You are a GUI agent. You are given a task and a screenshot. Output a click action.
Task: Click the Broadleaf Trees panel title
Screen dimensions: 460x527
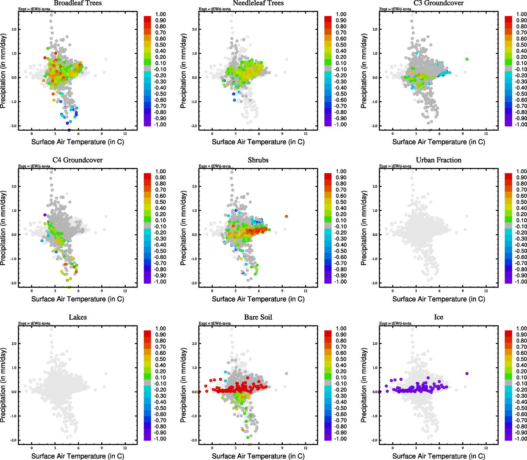pos(78,3)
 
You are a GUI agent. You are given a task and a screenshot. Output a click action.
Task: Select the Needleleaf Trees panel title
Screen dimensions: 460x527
pos(258,3)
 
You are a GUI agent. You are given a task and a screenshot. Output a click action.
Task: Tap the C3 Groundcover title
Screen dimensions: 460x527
pos(438,3)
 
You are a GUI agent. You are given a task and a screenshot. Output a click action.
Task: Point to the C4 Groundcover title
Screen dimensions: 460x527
pos(78,160)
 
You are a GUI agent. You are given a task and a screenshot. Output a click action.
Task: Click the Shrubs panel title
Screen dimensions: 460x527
pos(258,160)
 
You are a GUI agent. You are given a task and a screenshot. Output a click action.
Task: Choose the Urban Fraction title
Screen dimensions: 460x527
pos(438,160)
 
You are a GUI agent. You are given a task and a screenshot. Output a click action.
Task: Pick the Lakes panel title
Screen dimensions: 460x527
pos(78,317)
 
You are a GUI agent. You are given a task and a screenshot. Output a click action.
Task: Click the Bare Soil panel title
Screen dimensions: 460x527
pos(258,317)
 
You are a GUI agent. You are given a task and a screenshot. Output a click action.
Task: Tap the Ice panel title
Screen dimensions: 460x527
pos(438,317)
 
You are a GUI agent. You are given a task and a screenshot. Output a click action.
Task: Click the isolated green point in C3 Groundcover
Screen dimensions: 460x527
pos(467,59)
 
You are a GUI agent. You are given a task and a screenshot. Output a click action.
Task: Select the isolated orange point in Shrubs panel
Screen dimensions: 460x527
pos(286,216)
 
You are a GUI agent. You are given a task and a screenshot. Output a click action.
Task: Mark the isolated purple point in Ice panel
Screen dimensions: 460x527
pos(467,373)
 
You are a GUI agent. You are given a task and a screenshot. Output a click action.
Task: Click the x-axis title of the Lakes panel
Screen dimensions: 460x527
pos(78,456)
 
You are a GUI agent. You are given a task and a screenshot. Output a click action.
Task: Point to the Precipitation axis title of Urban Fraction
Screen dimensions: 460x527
pos(364,228)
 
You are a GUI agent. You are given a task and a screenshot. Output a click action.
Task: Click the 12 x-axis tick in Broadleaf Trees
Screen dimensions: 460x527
pos(125,134)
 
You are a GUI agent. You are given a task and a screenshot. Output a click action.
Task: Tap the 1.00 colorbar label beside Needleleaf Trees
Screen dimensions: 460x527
pos(341,14)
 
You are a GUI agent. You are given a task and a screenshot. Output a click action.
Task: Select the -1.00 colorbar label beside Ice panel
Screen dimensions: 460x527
pos(521,439)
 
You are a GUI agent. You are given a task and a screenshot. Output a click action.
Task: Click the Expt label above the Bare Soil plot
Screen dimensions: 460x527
pos(215,324)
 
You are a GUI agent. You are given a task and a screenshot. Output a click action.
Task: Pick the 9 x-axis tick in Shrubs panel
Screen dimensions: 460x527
pos(282,291)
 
